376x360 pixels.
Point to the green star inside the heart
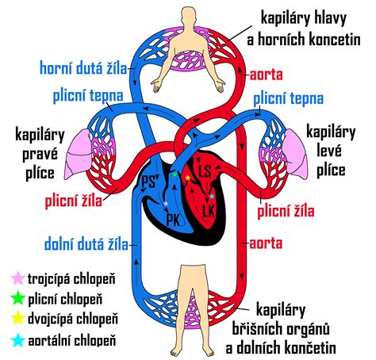click(175, 173)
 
